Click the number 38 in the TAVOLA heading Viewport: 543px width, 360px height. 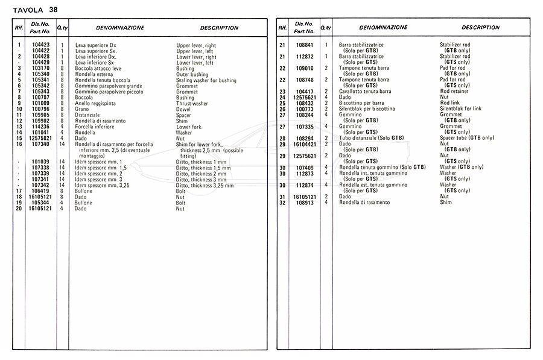(x=54, y=8)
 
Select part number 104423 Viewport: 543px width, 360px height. (x=40, y=45)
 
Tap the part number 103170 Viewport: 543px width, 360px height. (x=40, y=69)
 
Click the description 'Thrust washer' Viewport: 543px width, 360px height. (x=192, y=103)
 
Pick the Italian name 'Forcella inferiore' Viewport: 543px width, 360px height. (x=95, y=127)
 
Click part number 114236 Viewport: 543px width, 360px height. (x=40, y=127)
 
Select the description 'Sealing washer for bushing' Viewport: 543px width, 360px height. (x=206, y=80)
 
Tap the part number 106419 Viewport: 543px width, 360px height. (x=40, y=191)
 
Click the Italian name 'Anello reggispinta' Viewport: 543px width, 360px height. (x=95, y=103)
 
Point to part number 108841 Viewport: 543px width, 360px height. (x=304, y=45)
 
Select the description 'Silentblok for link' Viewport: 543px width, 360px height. (x=461, y=109)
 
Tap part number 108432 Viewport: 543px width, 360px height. (x=304, y=103)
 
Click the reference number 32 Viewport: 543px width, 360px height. (x=282, y=203)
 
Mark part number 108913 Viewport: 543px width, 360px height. (x=304, y=203)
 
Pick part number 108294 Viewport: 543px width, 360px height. (x=304, y=138)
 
